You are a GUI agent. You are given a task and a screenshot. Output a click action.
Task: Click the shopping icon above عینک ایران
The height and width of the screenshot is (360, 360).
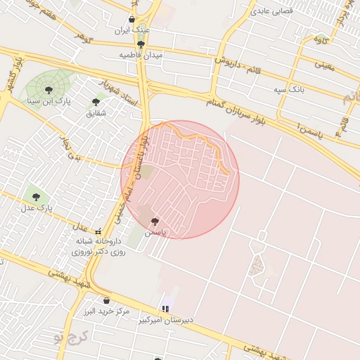tap(133, 20)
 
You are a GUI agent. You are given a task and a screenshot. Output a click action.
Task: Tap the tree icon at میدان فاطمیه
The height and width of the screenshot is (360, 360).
tap(142, 44)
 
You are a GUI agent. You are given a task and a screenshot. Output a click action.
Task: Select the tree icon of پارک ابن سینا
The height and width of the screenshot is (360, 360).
tap(49, 89)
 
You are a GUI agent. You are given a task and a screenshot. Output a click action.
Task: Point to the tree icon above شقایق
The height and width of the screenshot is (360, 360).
tap(96, 102)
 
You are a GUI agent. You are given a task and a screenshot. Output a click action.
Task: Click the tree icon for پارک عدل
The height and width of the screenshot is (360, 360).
tap(36, 198)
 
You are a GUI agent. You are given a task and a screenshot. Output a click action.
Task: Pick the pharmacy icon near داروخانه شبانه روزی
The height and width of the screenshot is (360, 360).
tap(99, 231)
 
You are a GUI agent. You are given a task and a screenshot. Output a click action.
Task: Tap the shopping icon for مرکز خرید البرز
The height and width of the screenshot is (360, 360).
tap(106, 300)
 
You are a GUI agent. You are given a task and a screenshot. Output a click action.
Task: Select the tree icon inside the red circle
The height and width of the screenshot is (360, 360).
tap(155, 221)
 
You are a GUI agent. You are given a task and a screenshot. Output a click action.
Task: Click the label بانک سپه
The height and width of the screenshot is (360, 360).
tap(288, 89)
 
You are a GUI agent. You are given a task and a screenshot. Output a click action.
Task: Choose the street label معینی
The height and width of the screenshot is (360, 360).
tap(324, 65)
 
